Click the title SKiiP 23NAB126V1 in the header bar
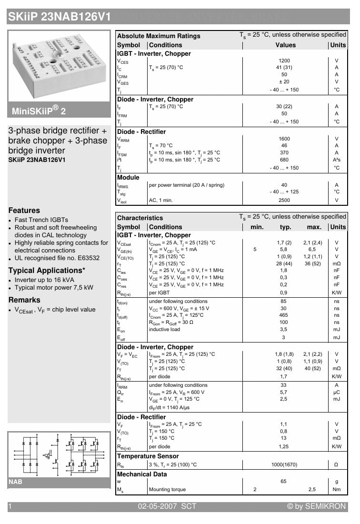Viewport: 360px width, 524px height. [x=59, y=17]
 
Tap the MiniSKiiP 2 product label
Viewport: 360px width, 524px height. [x=39, y=111]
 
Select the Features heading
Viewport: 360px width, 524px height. [x=24, y=210]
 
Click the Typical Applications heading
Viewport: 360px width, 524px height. [x=47, y=271]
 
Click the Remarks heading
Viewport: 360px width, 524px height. [x=24, y=300]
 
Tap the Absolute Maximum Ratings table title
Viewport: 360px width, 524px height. [x=159, y=36]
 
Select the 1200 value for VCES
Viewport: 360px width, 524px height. [x=284, y=61]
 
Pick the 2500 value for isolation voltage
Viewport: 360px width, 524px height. [x=284, y=201]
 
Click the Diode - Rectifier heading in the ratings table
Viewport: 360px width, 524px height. [x=141, y=131]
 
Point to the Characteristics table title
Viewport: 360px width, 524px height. [x=140, y=218]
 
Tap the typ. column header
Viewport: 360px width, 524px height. [x=285, y=227]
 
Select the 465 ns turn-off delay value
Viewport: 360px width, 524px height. [x=284, y=315]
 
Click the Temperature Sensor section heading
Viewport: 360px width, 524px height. [x=148, y=456]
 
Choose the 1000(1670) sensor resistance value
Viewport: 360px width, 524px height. [x=284, y=464]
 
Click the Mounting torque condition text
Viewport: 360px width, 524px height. [x=167, y=490]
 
